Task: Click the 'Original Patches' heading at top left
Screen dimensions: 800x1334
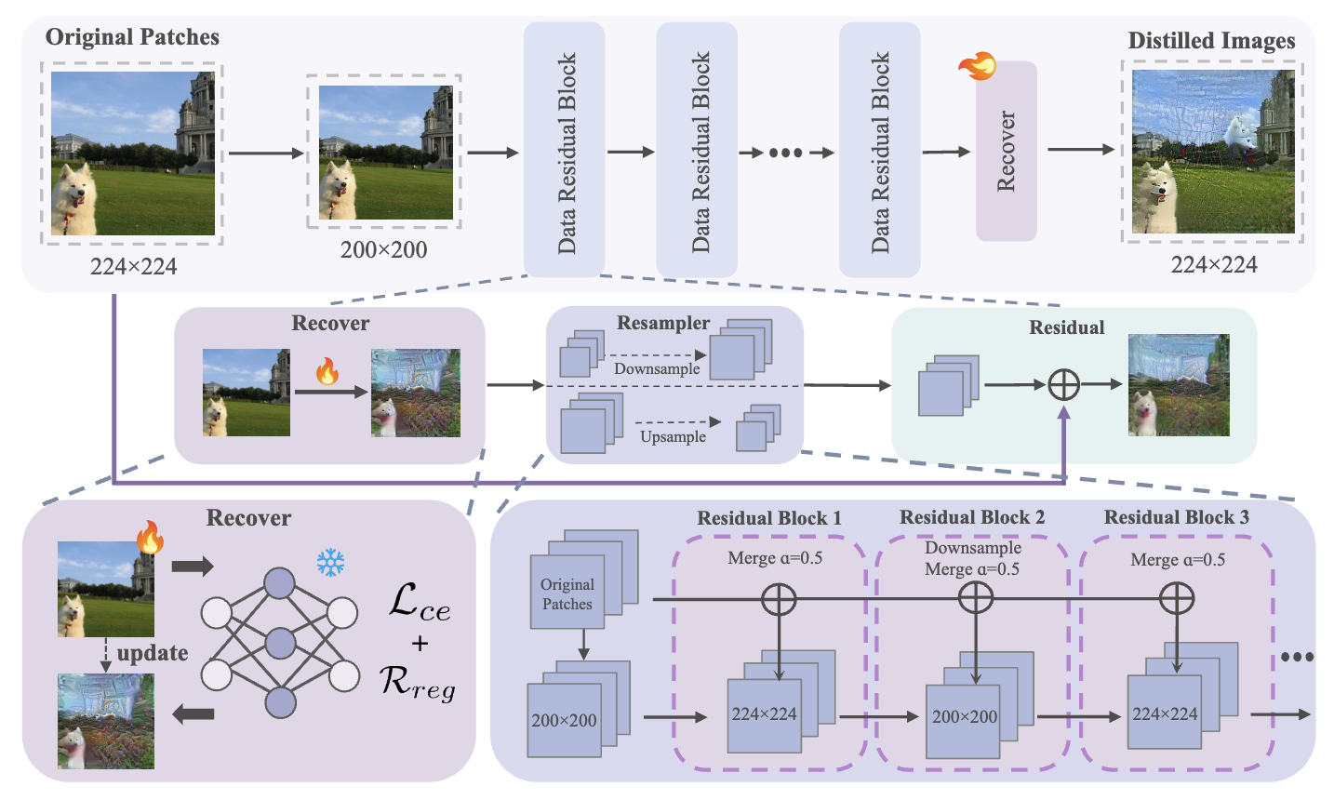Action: coord(132,37)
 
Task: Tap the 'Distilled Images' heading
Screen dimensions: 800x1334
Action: coord(1211,40)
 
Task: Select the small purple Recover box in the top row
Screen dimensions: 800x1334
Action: coord(1006,151)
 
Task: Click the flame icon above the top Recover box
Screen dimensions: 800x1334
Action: coord(978,66)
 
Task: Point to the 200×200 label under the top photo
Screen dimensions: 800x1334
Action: coord(383,249)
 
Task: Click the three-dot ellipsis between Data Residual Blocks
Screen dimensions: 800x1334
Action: coord(785,153)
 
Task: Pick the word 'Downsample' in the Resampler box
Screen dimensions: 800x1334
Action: coord(657,368)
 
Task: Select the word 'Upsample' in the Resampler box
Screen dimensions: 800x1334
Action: coord(673,436)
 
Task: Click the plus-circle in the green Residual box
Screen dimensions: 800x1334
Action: coord(1063,384)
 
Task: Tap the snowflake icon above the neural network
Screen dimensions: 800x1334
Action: coord(330,563)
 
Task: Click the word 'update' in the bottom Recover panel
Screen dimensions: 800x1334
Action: coord(153,653)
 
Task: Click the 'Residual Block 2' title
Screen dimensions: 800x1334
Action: coord(972,517)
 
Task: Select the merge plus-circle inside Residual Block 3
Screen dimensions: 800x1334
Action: coord(1177,599)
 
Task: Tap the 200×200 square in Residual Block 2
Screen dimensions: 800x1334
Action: coord(964,718)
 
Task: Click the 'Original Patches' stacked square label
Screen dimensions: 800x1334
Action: coord(567,593)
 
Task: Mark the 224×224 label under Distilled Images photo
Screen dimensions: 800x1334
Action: coord(1214,265)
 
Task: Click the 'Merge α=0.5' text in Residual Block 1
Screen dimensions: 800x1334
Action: coord(775,558)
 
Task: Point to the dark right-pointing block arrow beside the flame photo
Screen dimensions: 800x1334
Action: coord(193,567)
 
